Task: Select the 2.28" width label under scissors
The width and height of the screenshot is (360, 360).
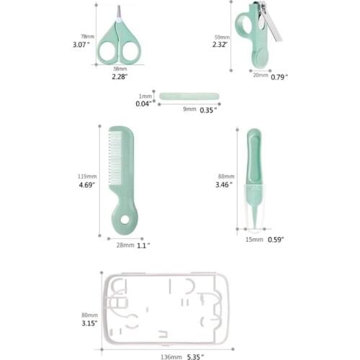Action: point(120,76)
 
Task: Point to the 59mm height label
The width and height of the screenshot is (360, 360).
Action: point(221,35)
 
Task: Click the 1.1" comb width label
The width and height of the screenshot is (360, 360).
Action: point(143,246)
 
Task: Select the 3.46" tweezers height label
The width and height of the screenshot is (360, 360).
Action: point(224,184)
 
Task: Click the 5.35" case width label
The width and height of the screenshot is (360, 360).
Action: point(194,356)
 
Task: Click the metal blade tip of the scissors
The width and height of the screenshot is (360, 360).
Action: point(118,12)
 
